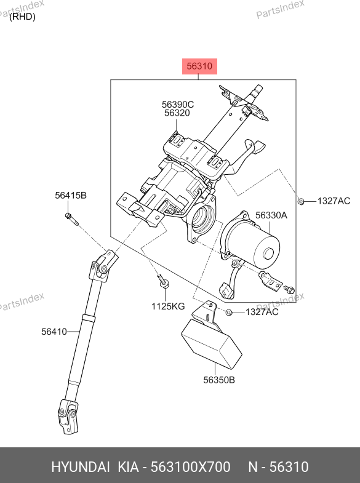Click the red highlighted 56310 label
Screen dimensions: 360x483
point(199,66)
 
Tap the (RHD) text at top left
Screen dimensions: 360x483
point(22,17)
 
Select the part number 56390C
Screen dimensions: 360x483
point(178,105)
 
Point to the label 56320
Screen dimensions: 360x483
point(177,113)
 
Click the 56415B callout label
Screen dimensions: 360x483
point(71,195)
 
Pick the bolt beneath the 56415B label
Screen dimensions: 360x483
point(71,218)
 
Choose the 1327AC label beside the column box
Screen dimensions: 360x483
point(334,201)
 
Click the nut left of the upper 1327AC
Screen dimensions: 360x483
point(301,201)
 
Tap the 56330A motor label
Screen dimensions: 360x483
point(271,215)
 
